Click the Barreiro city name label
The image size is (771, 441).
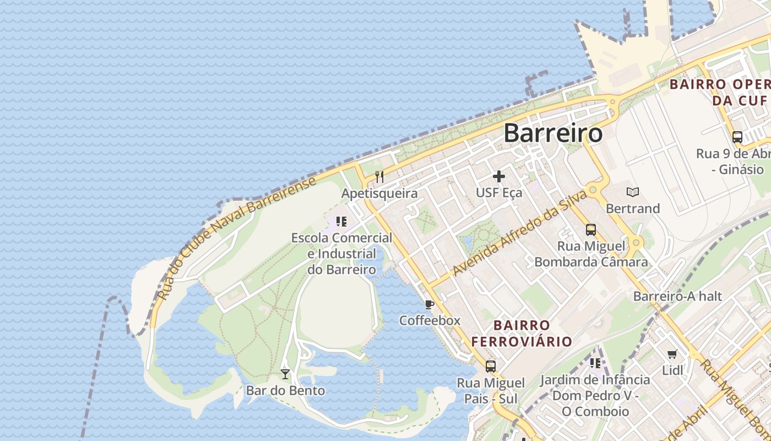pos(553,133)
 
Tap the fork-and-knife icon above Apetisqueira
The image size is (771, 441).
pos(379,177)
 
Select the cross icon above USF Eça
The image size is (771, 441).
pos(499,176)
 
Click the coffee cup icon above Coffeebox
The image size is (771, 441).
pos(430,304)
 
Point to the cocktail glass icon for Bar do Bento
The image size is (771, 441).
pos(285,374)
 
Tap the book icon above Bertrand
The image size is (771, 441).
pos(633,192)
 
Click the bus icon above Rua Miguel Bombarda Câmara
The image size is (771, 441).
pos(591,229)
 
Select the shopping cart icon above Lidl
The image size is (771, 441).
pos(672,354)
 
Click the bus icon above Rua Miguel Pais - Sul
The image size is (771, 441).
pos(491,366)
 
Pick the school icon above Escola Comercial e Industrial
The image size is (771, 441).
pos(341,222)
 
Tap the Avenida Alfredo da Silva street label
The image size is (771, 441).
pos(519,234)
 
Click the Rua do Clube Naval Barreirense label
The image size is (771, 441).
pos(237,238)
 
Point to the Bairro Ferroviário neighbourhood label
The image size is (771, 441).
pos(522,333)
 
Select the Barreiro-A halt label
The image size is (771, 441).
pos(677,296)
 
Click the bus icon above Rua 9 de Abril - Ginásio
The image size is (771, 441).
pos(737,137)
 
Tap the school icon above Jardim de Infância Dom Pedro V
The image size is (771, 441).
pos(595,363)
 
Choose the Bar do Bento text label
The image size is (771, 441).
pos(285,391)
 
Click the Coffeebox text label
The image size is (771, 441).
pos(430,320)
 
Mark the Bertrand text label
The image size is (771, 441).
pos(633,208)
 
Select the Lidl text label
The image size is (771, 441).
pos(672,370)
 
